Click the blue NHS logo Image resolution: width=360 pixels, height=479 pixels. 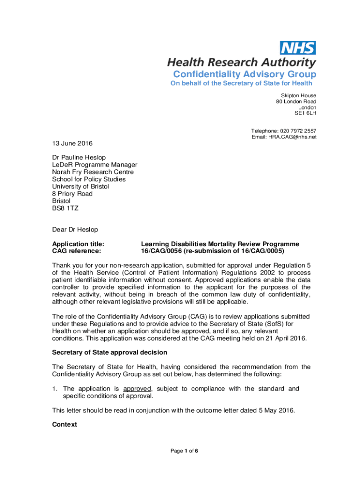[x=297, y=48]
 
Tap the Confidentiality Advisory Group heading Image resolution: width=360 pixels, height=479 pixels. [x=245, y=74]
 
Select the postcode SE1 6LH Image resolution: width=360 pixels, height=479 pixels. [x=305, y=113]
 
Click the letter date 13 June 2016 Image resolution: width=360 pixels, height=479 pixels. [x=72, y=143]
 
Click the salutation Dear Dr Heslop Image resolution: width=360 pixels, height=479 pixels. [x=75, y=229]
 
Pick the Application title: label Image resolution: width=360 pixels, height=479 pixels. [x=78, y=244]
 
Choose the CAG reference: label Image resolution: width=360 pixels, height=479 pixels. [x=76, y=251]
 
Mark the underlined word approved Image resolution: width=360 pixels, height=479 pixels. [x=137, y=389]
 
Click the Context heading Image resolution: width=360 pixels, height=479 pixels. [x=65, y=425]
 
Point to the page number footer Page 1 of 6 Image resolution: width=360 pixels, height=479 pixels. [x=184, y=451]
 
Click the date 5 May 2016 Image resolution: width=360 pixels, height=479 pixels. [x=276, y=410]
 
